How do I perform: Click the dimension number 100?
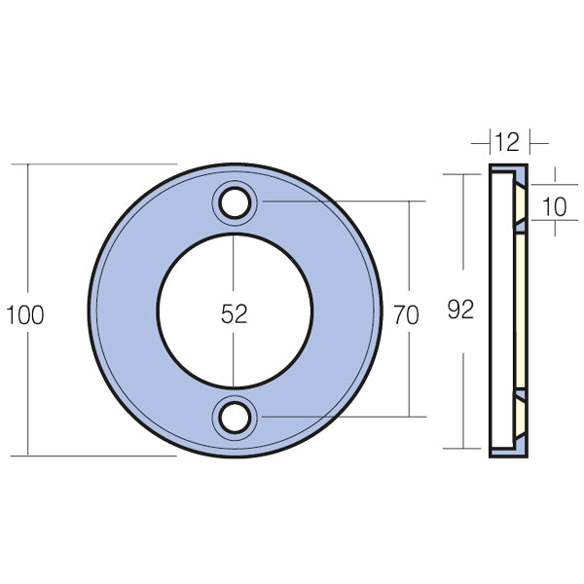pyautogui.click(x=24, y=314)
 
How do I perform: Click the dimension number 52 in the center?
pyautogui.click(x=235, y=313)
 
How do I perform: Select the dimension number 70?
pyautogui.click(x=407, y=313)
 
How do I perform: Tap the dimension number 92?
pyautogui.click(x=460, y=310)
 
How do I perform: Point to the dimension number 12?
pyautogui.click(x=504, y=144)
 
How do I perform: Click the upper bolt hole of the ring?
pyautogui.click(x=234, y=202)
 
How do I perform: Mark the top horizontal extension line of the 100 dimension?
pyautogui.click(x=97, y=164)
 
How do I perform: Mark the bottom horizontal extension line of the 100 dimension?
pyautogui.click(x=97, y=455)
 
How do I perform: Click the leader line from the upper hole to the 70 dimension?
pyautogui.click(x=341, y=201)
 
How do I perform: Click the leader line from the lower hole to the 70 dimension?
pyautogui.click(x=341, y=416)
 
